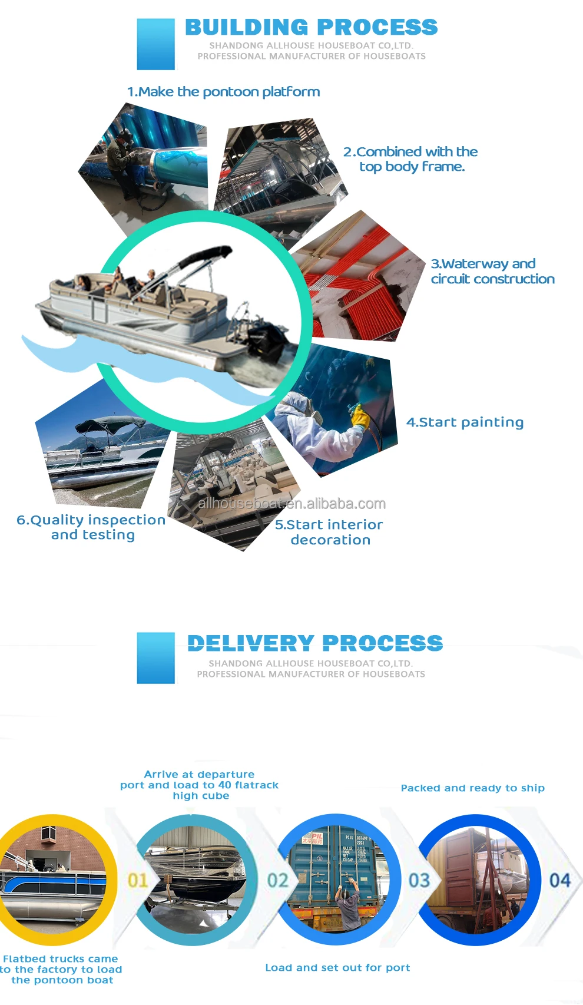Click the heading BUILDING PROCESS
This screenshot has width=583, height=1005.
pyautogui.click(x=312, y=27)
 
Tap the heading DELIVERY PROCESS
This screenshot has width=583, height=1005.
pyautogui.click(x=315, y=643)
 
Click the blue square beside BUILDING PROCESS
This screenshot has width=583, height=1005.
pyautogui.click(x=155, y=44)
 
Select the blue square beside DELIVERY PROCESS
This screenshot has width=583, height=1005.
pyautogui.click(x=155, y=657)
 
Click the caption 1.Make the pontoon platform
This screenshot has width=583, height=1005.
pyautogui.click(x=224, y=92)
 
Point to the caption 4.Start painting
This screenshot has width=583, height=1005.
pyautogui.click(x=465, y=422)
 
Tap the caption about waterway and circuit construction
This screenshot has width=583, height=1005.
pyautogui.click(x=492, y=272)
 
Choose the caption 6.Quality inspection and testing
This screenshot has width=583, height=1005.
pyautogui.click(x=91, y=527)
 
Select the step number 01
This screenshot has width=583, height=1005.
pyautogui.click(x=138, y=881)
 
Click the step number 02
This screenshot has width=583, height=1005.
pyautogui.click(x=278, y=881)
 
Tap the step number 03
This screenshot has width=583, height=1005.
pyautogui.click(x=419, y=881)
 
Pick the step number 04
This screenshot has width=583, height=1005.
pyautogui.click(x=560, y=881)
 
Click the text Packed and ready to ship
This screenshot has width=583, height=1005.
pyautogui.click(x=472, y=788)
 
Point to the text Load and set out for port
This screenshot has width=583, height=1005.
pyautogui.click(x=337, y=967)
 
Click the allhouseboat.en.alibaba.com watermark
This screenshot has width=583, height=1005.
pyautogui.click(x=292, y=504)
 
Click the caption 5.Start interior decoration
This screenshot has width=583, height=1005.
pyautogui.click(x=329, y=532)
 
